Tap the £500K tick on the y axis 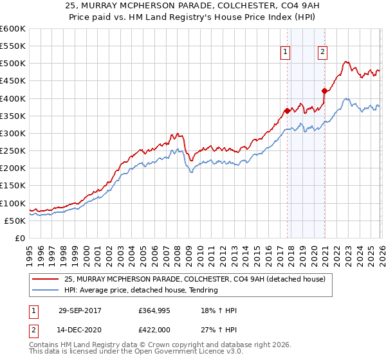13,64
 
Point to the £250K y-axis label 13,151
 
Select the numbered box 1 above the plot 285,53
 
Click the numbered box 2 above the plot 322,53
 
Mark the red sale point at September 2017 287,111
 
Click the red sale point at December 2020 324,91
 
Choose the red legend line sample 46,279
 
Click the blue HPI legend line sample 46,290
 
